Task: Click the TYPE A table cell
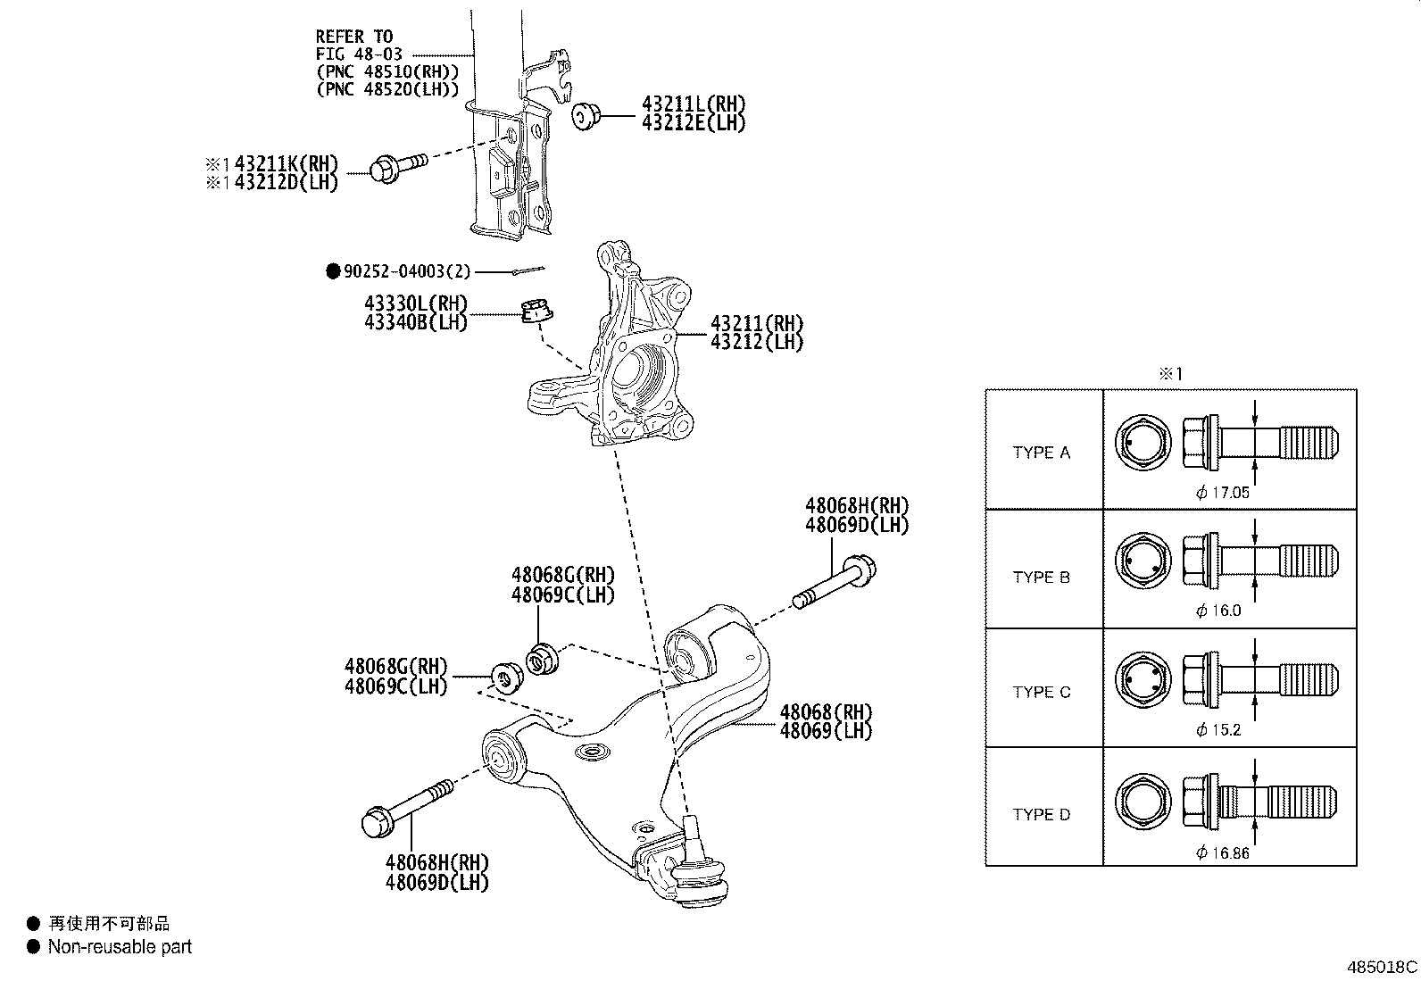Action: pos(1041,453)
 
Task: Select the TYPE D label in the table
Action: pos(1041,814)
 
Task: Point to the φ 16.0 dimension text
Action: pos(1218,611)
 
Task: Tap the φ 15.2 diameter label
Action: pos(1218,730)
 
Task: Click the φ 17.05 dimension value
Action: pos(1222,493)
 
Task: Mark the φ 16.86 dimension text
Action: pos(1222,853)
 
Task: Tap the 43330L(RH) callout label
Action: pos(415,304)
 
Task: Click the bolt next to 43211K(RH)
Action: pos(397,167)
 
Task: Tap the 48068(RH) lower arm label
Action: pos(825,712)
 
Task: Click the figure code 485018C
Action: pos(1382,968)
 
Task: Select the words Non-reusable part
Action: pos(120,947)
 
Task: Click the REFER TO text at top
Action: pos(353,37)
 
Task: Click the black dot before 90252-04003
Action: pos(333,271)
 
